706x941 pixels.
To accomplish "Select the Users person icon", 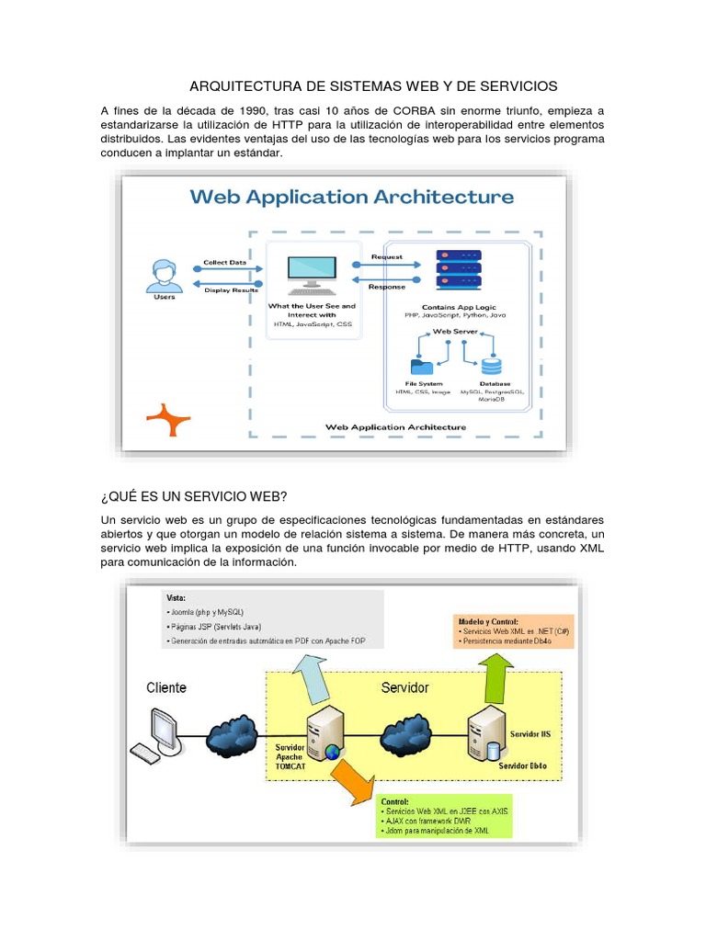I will (x=164, y=275).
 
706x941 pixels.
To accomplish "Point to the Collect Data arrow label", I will (x=224, y=263).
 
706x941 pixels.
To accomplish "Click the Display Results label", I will (x=231, y=290).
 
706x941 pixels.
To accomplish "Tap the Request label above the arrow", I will (x=386, y=256).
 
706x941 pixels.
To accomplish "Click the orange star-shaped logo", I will (x=168, y=419).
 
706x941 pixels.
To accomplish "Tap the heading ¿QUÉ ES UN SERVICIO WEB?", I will (x=193, y=497).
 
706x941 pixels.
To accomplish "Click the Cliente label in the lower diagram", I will (x=165, y=687).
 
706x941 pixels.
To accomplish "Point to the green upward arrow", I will (x=499, y=675).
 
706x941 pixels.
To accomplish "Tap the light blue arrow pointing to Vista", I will (x=313, y=679).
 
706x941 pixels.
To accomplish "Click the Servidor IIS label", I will (x=532, y=736).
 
